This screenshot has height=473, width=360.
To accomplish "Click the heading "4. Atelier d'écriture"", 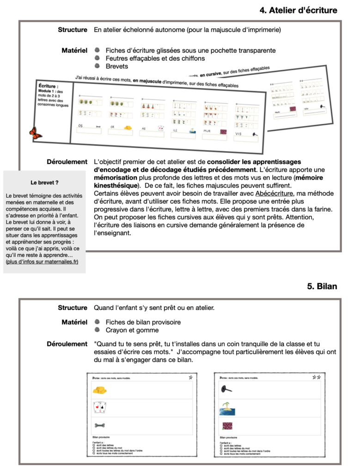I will click(x=299, y=10).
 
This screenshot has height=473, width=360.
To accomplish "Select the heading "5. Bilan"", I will click(x=322, y=286).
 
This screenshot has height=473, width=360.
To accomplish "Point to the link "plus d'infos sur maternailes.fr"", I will click(x=42, y=262).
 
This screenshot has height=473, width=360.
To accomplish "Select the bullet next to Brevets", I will click(x=97, y=67).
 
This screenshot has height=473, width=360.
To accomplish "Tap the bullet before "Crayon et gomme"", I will click(x=97, y=330).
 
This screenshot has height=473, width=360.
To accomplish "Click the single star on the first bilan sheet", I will click(x=190, y=377).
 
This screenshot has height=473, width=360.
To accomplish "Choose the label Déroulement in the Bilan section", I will click(x=67, y=344).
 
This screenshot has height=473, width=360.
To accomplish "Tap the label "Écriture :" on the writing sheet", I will click(x=48, y=85).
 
